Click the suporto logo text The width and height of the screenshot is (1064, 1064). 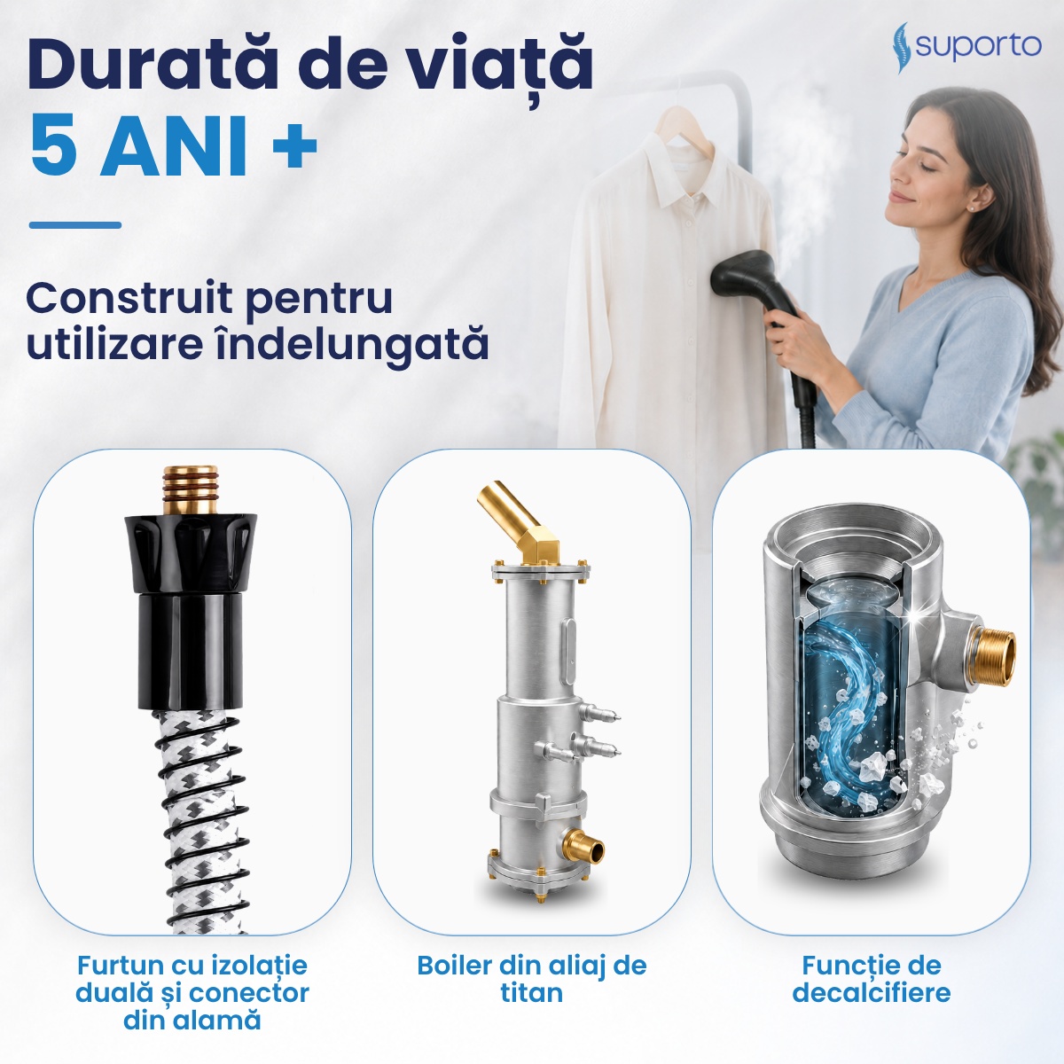pyautogui.click(x=978, y=46)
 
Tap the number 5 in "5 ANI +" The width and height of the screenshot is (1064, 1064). pyautogui.click(x=54, y=145)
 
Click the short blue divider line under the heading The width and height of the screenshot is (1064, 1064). pyautogui.click(x=75, y=224)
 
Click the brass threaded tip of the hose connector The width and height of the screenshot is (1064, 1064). pyautogui.click(x=191, y=489)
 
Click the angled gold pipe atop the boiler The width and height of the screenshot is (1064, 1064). pyautogui.click(x=519, y=522)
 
